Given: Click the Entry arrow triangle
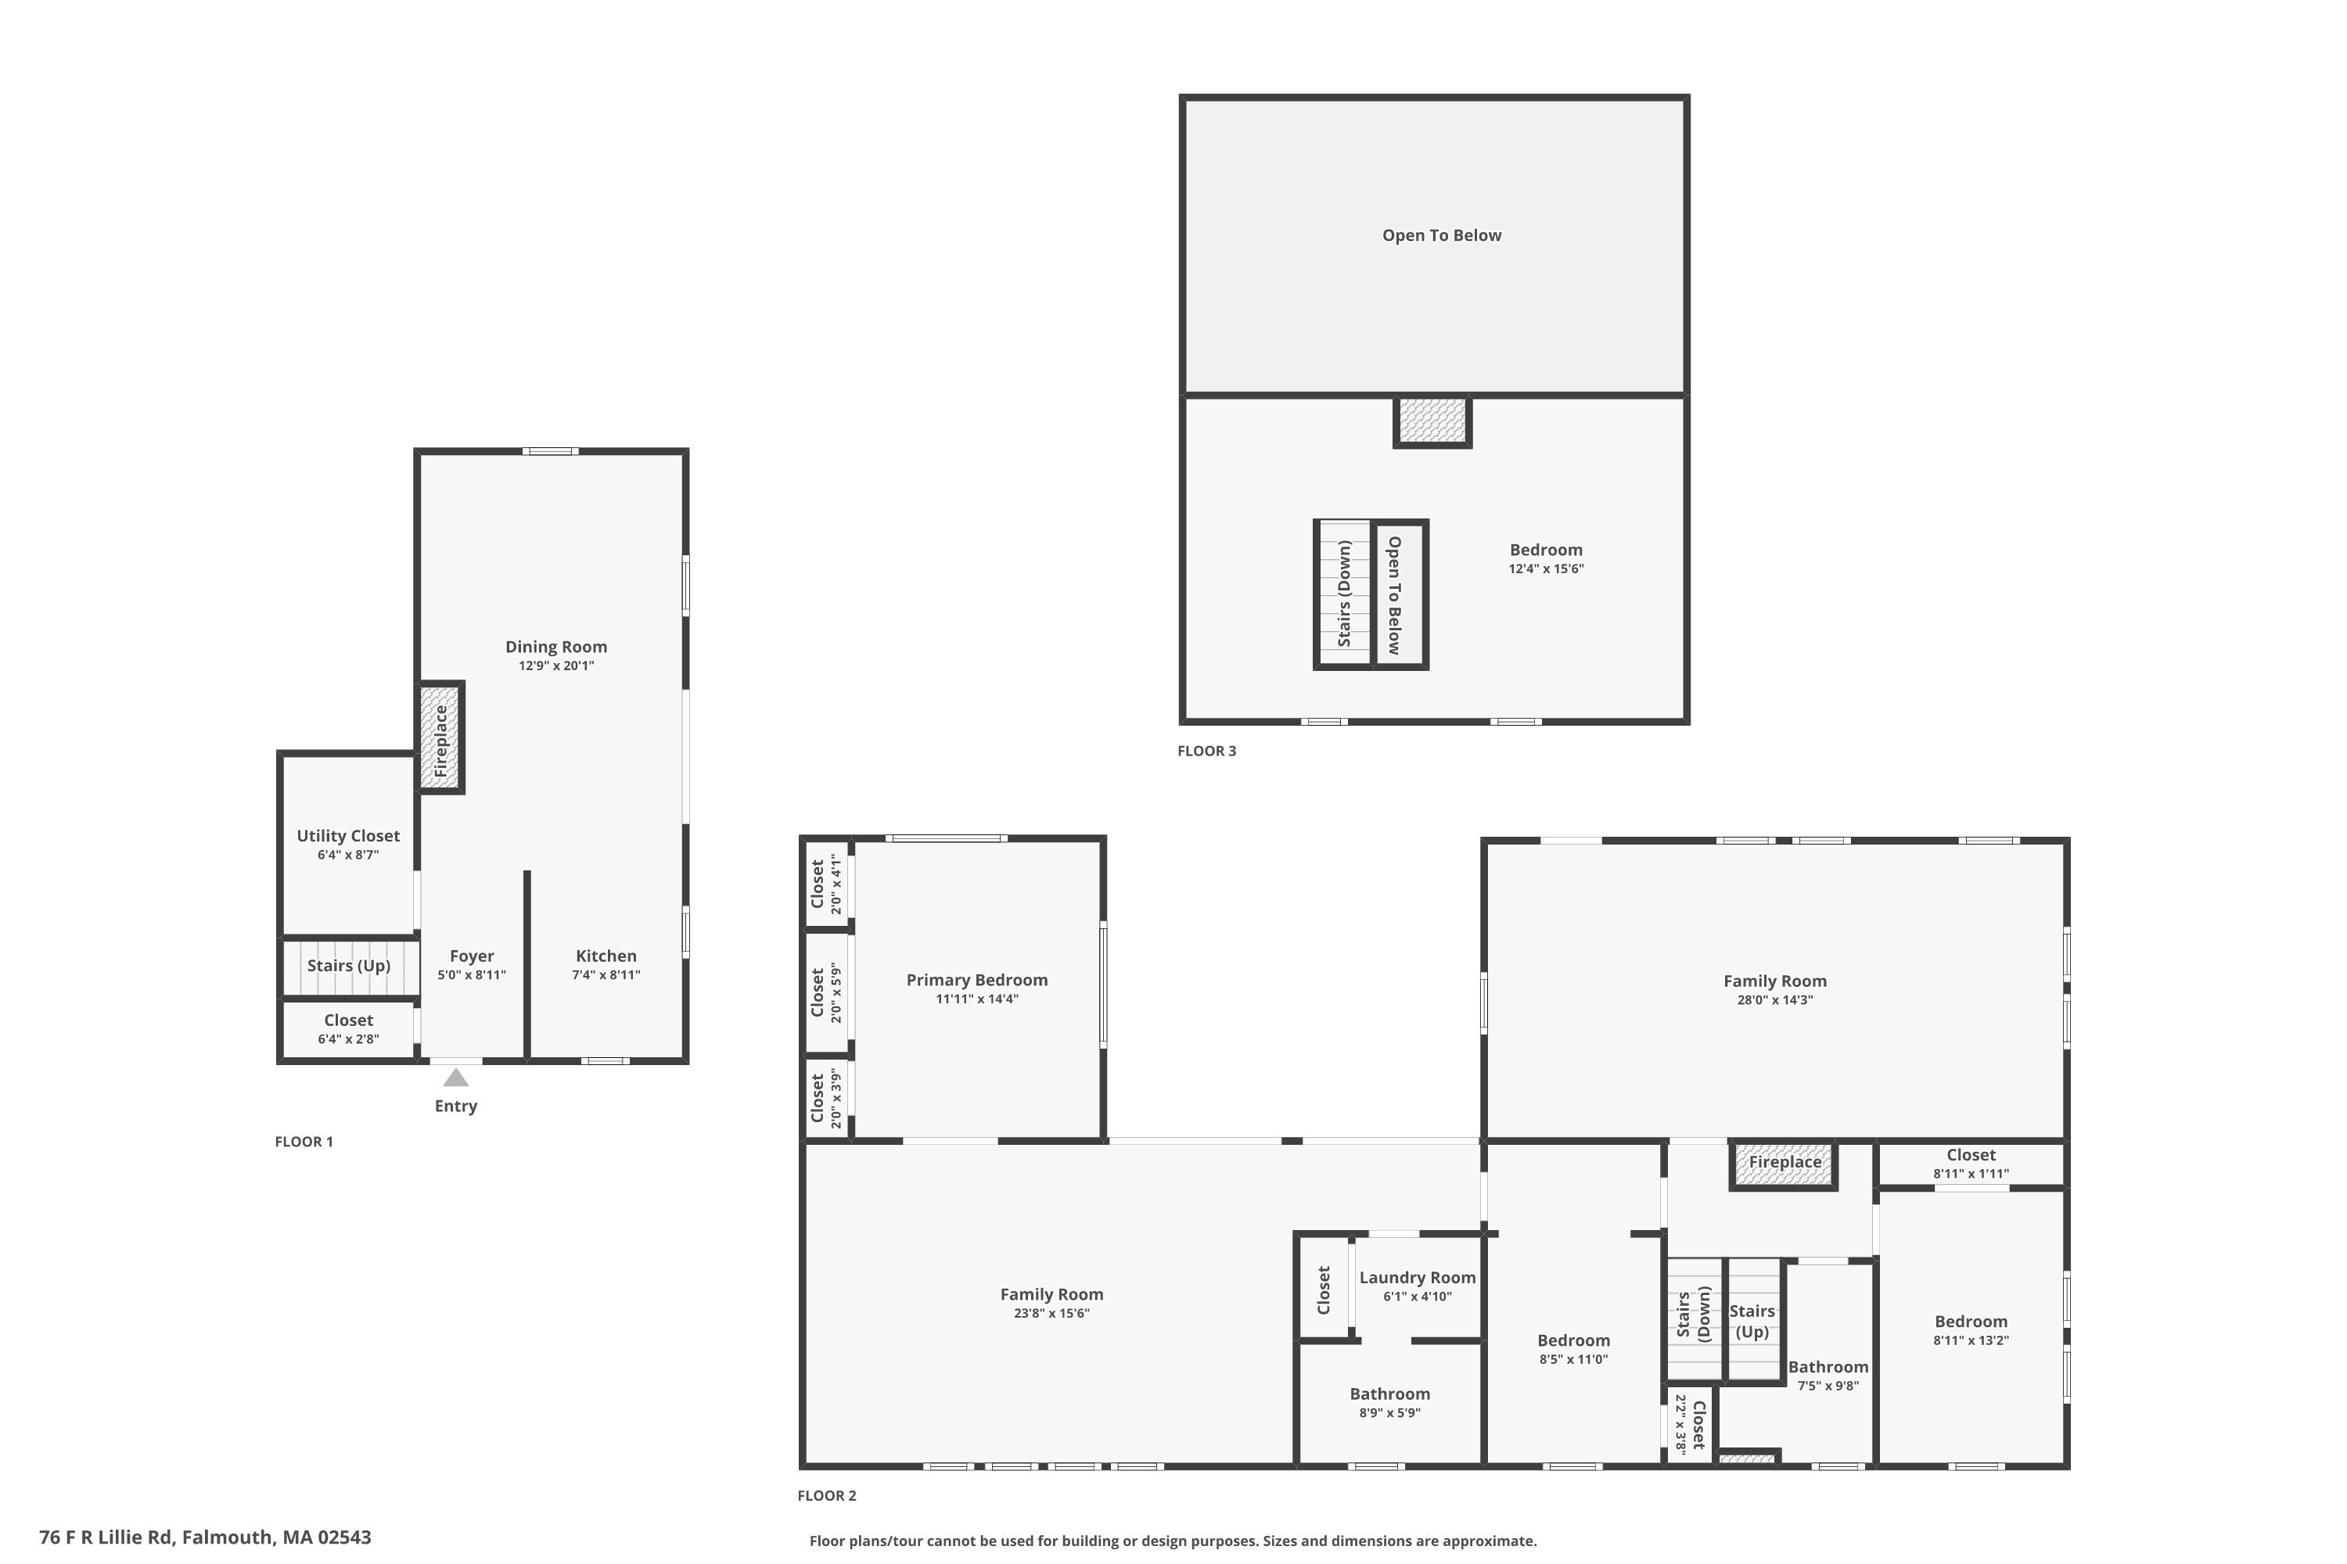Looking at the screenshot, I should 456,1078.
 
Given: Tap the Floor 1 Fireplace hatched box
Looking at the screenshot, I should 440,737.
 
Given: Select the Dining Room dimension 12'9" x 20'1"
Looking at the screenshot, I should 555,665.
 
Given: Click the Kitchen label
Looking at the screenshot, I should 606,956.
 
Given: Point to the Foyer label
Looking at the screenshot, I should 471,956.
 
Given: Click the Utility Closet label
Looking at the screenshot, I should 347,836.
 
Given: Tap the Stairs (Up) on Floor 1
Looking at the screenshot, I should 348,966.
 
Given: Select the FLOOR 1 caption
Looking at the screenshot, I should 304,1141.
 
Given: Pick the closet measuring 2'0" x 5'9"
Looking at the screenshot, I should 825,993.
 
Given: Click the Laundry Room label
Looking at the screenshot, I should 1416,1278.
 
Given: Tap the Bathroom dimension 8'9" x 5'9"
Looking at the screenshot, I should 1389,1412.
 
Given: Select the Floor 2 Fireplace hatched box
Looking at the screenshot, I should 1785,1164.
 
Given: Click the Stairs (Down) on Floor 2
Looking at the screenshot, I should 1694,1317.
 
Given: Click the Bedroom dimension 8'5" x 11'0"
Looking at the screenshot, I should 1572,1358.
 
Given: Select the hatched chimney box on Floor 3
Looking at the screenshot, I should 1432,421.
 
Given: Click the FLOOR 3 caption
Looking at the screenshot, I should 1206,751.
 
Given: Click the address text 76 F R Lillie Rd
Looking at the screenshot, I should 204,1537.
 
